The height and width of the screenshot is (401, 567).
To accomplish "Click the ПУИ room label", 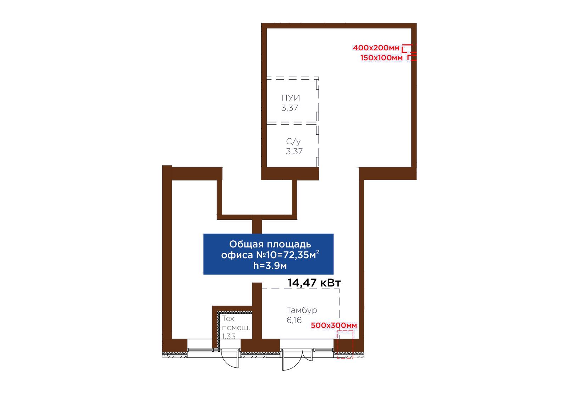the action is [x=291, y=98].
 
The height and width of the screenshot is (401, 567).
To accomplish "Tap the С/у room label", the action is [x=293, y=141].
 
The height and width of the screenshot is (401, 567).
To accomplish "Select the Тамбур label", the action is [x=302, y=310].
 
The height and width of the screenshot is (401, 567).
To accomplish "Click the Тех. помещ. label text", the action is [x=236, y=323].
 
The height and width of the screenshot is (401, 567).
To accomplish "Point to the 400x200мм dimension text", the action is [x=376, y=48].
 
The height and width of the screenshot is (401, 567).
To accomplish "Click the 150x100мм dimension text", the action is [x=381, y=58].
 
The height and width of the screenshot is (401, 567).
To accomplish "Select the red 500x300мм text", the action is [x=334, y=325].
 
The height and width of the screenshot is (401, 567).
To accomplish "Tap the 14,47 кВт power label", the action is [x=314, y=283].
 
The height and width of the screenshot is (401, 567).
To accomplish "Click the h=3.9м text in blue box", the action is [x=270, y=266].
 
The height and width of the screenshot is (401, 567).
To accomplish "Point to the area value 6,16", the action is [x=294, y=320].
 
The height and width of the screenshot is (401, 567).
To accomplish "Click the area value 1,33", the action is [x=229, y=336].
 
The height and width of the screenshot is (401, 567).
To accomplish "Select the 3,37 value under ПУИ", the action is [x=290, y=108].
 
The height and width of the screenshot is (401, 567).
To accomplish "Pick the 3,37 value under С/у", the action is [x=294, y=151].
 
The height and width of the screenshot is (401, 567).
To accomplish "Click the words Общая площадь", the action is [x=270, y=244].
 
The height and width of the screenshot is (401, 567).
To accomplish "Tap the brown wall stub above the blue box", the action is [x=257, y=226].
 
